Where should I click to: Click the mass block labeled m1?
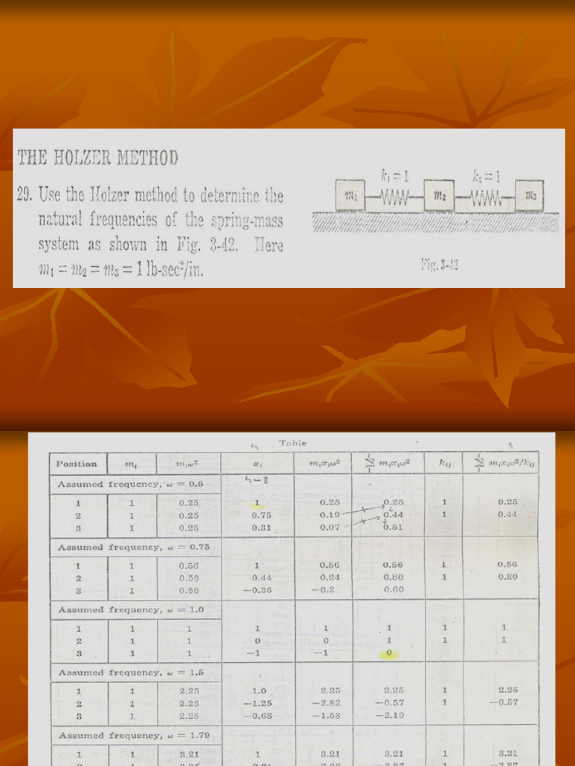[x=350, y=195]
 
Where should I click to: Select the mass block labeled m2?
[x=439, y=195]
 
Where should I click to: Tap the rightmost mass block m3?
[x=529, y=195]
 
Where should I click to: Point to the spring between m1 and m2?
[x=395, y=197]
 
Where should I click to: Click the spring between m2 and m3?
[x=485, y=197]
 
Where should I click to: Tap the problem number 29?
[x=24, y=197]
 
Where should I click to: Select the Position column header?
[x=76, y=464]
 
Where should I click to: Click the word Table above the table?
[x=292, y=444]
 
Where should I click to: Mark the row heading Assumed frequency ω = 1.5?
[x=130, y=672]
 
